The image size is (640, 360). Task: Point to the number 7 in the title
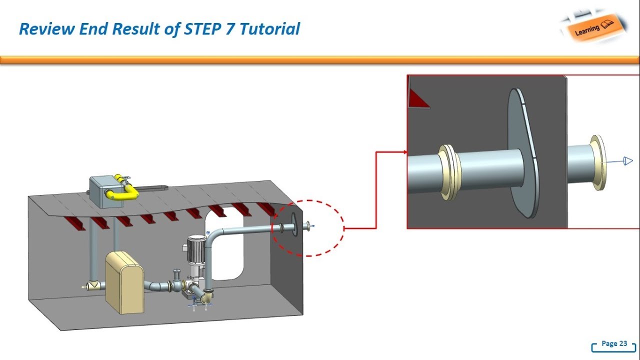click(231, 29)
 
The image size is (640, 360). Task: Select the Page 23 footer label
click(614, 343)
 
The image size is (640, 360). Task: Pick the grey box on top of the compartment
click(102, 190)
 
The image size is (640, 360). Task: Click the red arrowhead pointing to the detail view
click(403, 152)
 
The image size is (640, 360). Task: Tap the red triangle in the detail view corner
click(416, 99)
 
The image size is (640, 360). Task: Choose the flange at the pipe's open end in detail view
click(597, 162)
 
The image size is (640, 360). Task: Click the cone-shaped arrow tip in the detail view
click(627, 161)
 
